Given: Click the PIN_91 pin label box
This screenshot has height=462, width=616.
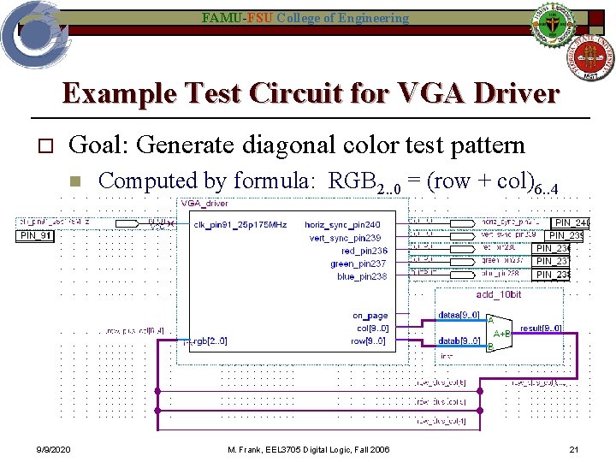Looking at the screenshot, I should [x=35, y=236].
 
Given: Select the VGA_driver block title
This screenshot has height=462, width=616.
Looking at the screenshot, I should [x=204, y=204].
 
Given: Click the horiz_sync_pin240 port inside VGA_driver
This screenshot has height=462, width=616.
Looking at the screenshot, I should [x=343, y=224].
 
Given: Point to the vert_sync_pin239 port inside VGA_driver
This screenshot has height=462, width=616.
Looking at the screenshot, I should [x=345, y=238].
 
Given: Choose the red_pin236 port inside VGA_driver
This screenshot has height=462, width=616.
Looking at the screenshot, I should [x=364, y=251].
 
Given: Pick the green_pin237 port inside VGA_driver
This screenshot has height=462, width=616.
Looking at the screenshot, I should [x=358, y=264].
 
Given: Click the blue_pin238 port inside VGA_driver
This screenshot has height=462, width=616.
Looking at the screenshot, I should [x=362, y=276].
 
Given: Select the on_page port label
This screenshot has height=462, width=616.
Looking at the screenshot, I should [x=370, y=316].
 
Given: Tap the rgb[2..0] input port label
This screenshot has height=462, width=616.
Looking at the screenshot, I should [x=209, y=341].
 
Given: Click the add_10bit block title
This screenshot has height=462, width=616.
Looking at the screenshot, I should [x=499, y=295].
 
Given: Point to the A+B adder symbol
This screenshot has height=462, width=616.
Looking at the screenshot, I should [x=501, y=333].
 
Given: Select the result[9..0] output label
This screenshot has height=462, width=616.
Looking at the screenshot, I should [x=541, y=328].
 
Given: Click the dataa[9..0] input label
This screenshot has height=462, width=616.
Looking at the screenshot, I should [x=459, y=315].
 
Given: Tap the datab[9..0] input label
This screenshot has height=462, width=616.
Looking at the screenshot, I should [x=459, y=341].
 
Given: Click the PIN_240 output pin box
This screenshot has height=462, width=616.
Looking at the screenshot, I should [x=572, y=223].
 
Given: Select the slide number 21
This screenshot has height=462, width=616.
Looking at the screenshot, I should [x=574, y=450].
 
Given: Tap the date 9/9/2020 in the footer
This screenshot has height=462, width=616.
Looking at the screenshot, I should [x=53, y=450].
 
